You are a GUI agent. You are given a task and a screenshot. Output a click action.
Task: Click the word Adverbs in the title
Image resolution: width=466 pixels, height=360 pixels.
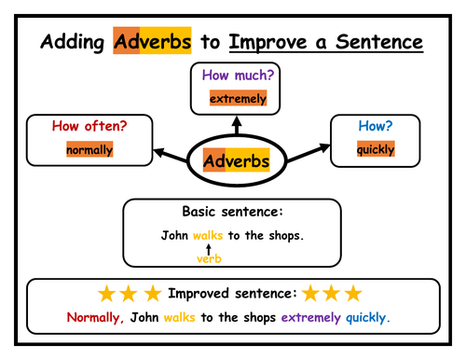click(152, 42)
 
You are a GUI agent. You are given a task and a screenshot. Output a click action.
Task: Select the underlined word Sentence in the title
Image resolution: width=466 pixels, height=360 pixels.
click(377, 43)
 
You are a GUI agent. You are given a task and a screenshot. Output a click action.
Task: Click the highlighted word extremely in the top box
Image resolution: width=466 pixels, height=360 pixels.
click(238, 98)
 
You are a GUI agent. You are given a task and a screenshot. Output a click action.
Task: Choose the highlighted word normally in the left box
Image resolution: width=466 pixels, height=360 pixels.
click(89, 149)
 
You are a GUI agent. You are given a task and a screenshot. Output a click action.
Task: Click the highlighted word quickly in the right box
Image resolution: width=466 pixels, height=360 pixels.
click(376, 149)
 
